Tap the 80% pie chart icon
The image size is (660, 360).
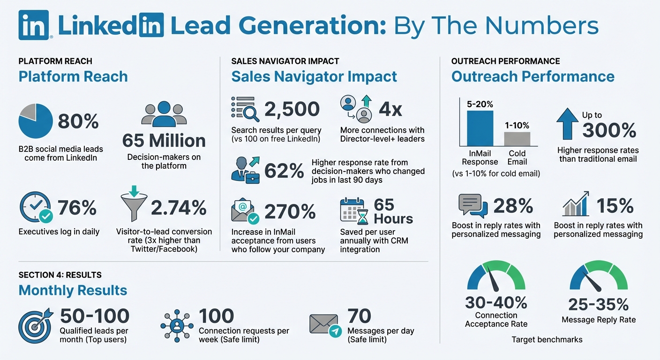point(35,121)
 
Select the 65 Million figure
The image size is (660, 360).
point(164,141)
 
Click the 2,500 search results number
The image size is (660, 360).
point(292,109)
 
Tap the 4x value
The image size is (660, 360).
point(390,109)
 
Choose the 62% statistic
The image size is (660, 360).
point(284,171)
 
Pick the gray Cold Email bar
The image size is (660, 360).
point(517,139)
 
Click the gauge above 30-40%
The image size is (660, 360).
point(496,277)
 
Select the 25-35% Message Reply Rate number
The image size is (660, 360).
point(599,305)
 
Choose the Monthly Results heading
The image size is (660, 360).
point(73,290)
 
